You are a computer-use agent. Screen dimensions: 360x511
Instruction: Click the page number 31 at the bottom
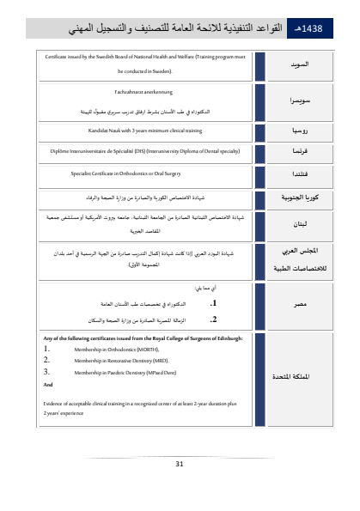coord(180,465)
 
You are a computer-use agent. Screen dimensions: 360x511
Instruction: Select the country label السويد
coord(296,65)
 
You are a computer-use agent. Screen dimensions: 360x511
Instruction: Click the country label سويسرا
coord(295,100)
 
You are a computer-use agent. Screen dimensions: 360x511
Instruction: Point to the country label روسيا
coord(296,131)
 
